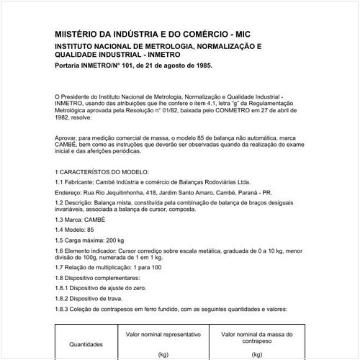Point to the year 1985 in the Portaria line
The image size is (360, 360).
pos(202,65)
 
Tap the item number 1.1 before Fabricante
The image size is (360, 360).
pos(59,182)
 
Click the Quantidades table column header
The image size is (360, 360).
pos(86,344)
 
